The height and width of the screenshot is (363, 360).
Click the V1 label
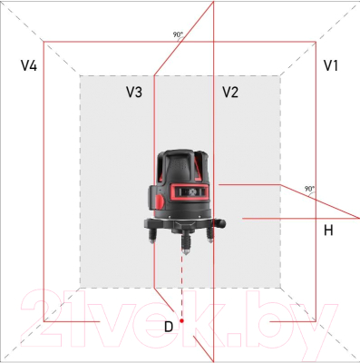coord(331,66)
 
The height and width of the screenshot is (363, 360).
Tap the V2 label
coord(230,92)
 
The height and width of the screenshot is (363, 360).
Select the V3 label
coord(134,92)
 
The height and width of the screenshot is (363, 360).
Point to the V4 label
coord(29,66)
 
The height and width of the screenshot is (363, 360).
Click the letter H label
coord(329,231)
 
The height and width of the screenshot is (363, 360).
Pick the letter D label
coord(168,325)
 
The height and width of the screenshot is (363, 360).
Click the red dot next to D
coord(182,321)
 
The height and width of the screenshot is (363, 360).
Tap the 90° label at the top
coord(178,34)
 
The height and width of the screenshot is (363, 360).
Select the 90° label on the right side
coord(310,190)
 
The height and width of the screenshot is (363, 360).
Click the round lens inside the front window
coord(191,191)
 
